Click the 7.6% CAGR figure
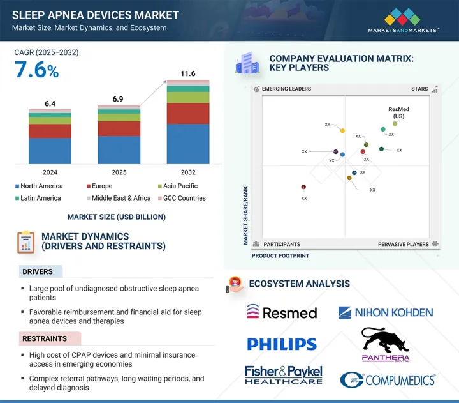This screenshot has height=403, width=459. [x=37, y=70]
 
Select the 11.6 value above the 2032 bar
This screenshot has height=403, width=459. [x=187, y=75]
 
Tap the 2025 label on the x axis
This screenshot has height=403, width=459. [x=119, y=172]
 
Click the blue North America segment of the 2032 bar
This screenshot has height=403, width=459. [x=187, y=144]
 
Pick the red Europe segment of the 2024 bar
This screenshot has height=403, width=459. [x=50, y=131]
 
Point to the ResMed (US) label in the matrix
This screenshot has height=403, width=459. [x=398, y=112]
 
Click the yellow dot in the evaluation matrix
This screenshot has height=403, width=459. [x=342, y=131]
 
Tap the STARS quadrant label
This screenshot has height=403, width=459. [x=419, y=89]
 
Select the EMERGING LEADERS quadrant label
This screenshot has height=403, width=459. [x=287, y=89]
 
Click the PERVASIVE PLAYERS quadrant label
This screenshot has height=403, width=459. [x=404, y=244]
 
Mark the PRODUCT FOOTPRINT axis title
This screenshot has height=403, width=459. [x=280, y=255]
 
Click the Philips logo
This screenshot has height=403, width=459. [x=281, y=345]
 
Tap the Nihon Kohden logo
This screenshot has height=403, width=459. [x=386, y=312]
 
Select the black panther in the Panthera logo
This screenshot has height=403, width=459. [x=386, y=340]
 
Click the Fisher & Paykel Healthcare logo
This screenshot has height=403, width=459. [x=284, y=375]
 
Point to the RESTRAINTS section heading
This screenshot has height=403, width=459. [x=45, y=338]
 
